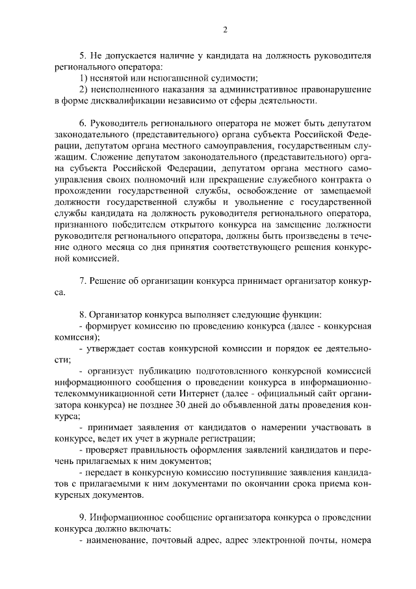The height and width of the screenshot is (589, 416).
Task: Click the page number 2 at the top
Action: [x=224, y=29]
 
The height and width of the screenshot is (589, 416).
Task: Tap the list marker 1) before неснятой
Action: [x=83, y=78]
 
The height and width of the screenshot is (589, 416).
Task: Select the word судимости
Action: [x=231, y=78]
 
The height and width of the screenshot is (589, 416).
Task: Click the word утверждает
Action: [x=112, y=348]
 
